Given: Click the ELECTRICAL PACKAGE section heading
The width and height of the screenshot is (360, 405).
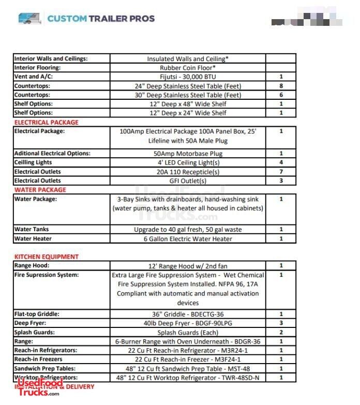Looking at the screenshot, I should [47, 123].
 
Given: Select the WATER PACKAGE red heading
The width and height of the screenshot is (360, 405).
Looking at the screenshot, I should [40, 190].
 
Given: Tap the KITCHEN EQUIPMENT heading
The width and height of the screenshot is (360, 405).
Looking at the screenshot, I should [47, 257].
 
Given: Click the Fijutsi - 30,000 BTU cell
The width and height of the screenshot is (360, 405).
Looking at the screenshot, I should [187, 77].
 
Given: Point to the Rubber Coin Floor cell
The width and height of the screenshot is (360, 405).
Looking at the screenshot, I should [187, 68].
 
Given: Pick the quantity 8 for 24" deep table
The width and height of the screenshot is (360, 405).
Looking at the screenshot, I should [281, 86].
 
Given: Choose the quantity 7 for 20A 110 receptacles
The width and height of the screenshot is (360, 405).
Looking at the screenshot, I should [281, 172].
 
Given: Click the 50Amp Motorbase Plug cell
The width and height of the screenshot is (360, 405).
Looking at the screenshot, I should [187, 154].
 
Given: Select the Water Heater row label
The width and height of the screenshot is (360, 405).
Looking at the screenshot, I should [33, 239].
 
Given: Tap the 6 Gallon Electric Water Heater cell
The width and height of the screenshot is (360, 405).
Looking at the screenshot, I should [187, 239].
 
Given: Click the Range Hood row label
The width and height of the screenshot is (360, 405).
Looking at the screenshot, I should [32, 266].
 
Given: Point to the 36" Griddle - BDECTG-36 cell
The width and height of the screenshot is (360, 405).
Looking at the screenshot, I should [187, 314].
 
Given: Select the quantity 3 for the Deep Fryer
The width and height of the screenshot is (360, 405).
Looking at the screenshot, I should [281, 323].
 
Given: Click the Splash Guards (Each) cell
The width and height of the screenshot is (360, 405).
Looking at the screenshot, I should [187, 333].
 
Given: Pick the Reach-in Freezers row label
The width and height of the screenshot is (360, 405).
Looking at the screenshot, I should [38, 359].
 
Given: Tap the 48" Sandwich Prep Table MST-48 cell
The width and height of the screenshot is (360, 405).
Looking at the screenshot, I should [187, 369].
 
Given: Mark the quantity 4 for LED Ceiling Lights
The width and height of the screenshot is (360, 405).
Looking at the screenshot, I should [281, 162].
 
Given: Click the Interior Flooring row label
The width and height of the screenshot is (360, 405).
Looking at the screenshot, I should [37, 68].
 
